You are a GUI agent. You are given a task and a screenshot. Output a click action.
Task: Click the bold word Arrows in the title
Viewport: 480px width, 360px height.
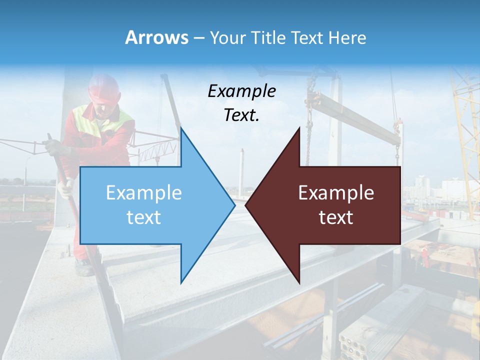point(156,37)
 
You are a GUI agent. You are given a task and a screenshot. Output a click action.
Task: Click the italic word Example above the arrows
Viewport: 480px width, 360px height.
point(241,91)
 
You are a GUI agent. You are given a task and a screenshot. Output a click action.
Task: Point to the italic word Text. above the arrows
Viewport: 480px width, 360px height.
point(241,115)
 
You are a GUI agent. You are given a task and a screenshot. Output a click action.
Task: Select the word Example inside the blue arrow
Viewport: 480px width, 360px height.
point(143,193)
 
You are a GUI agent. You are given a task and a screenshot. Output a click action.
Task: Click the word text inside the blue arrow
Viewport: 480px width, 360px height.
point(143,217)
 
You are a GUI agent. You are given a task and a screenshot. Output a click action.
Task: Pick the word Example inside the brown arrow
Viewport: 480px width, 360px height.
point(336,193)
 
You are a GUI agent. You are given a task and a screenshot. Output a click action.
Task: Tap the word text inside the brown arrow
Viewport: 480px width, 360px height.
point(336,217)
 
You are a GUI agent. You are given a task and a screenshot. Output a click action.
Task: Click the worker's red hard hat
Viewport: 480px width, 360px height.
point(104,89)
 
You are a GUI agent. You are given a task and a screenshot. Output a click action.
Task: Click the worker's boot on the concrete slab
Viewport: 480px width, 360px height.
point(84,268)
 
